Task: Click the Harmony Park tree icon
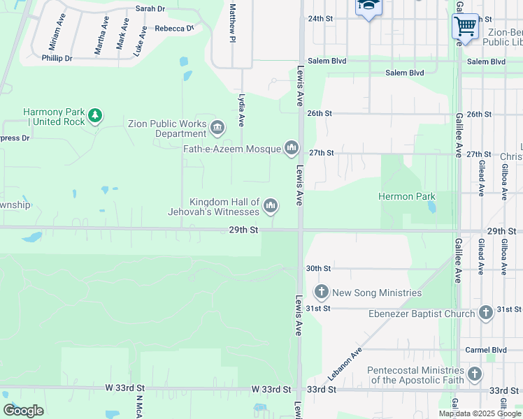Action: point(95,115)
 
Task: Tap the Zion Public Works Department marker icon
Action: point(217,127)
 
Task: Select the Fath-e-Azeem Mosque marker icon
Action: point(291,148)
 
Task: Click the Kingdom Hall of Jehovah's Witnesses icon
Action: point(271,206)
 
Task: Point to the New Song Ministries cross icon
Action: point(322,292)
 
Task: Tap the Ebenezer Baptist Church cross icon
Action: point(486,314)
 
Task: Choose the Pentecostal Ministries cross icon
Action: point(475,374)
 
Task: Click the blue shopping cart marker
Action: point(465,27)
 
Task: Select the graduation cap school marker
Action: point(367,7)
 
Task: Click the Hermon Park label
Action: point(406,197)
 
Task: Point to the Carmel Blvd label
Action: point(487,350)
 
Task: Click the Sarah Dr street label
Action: point(150,9)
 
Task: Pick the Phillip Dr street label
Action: point(57,58)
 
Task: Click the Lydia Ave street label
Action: point(241,110)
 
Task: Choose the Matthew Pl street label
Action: point(232,22)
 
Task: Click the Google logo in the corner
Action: point(23,411)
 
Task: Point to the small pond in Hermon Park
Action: point(432,207)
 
